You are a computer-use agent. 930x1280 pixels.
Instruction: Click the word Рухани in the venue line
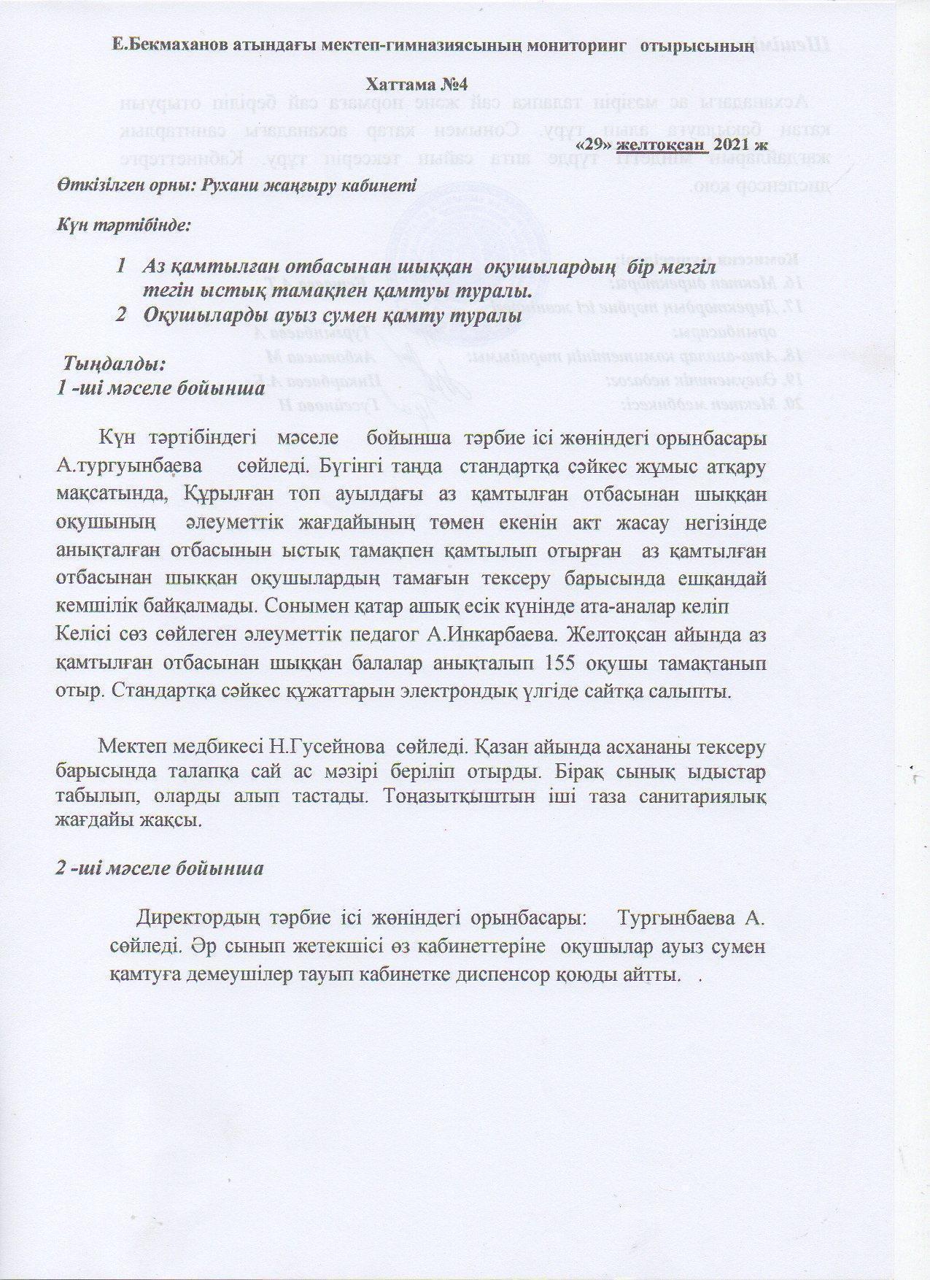(x=219, y=185)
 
